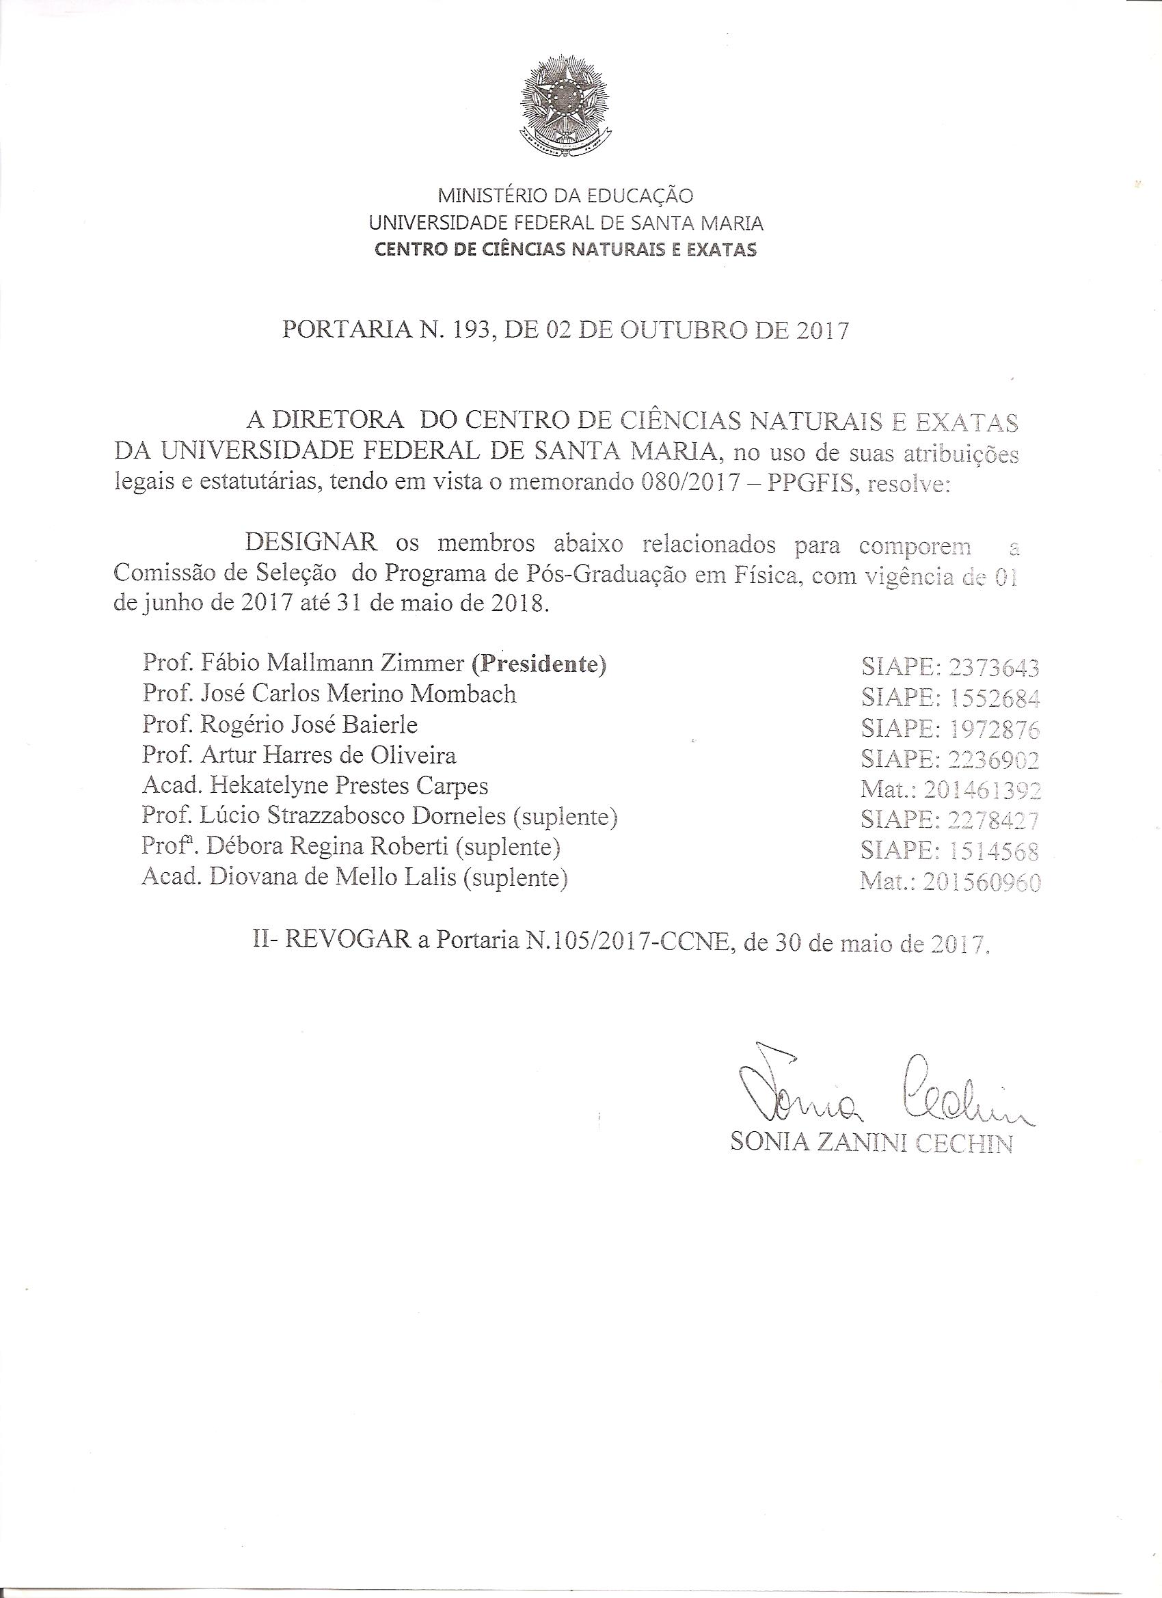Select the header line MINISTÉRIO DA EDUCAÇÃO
point(566,195)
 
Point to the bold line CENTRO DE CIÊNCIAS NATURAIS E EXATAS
point(566,249)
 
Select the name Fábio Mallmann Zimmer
point(324,664)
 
